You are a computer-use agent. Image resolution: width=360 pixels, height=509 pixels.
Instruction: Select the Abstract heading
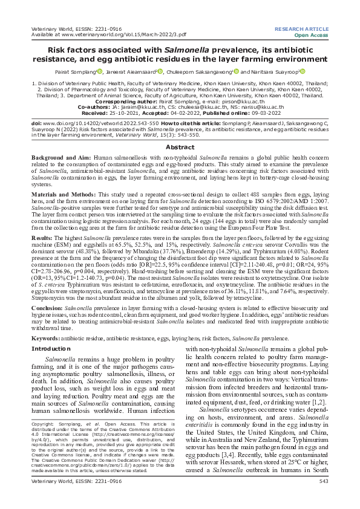click(x=180, y=146)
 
